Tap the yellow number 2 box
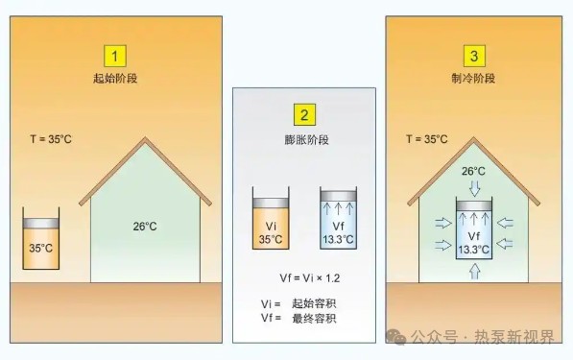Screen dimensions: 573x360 coord(303,116)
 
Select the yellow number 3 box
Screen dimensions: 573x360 coord(473,55)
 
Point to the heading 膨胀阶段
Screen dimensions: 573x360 coord(303,140)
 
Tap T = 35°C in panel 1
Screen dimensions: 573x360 coord(50,140)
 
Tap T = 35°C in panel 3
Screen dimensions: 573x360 coord(426,140)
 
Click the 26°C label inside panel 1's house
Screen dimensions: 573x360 coord(146,228)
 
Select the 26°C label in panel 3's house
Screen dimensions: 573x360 coord(471,172)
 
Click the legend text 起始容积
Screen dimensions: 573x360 coord(313,303)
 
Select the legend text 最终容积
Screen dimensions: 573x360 coord(313,318)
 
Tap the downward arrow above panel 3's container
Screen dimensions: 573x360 coord(471,189)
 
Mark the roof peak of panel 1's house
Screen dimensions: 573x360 coord(146,141)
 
